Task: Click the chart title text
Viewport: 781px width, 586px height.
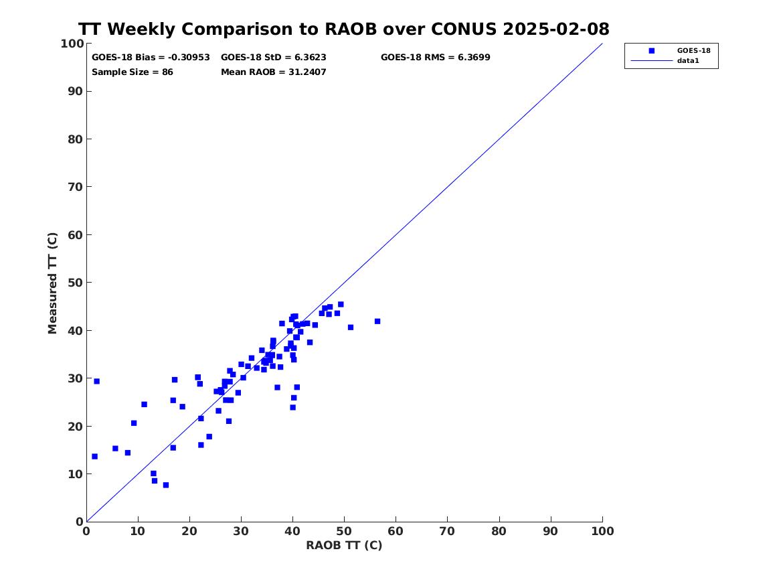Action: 344,29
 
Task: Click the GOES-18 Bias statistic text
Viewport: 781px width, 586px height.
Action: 151,58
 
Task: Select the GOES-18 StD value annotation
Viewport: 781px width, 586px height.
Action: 274,58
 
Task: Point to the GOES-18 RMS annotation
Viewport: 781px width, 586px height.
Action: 435,58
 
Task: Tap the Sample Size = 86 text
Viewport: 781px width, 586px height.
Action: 133,72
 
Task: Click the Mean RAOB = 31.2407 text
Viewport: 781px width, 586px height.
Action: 274,72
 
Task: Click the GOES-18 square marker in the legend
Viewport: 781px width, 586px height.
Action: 651,50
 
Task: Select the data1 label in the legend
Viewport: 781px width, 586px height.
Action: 688,60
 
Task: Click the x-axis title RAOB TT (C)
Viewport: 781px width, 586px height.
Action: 344,545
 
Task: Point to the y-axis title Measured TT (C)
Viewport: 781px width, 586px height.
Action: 52,283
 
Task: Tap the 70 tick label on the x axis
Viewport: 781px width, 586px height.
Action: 447,531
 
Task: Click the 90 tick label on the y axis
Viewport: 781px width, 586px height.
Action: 76,91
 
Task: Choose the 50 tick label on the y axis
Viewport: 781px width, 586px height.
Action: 76,283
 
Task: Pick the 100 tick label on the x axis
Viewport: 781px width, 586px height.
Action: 602,531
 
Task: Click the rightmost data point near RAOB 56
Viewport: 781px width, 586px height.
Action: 377,321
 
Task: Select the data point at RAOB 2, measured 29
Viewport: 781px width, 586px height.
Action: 96,381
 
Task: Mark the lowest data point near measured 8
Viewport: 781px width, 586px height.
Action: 166,485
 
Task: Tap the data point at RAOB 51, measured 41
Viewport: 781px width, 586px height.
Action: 351,327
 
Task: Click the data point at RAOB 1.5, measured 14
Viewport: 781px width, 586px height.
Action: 94,457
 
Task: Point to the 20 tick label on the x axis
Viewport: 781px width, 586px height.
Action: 189,531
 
